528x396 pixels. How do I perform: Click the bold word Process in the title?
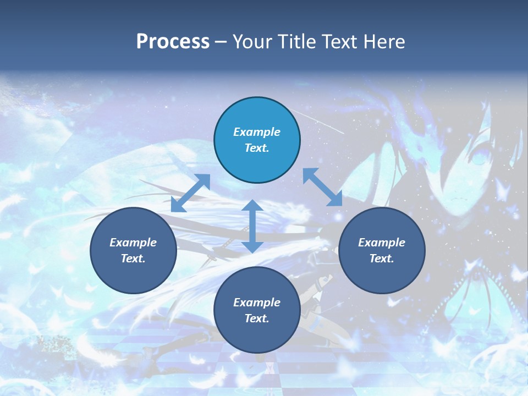pyautogui.click(x=173, y=42)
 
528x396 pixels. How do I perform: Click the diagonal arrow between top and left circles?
pyautogui.click(x=190, y=193)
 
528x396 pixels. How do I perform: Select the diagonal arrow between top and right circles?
pyautogui.click(x=322, y=187)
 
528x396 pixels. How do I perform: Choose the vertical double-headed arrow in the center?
pyautogui.click(x=252, y=226)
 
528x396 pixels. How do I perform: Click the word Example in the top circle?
pyautogui.click(x=257, y=132)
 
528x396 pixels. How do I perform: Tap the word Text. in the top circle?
pyautogui.click(x=257, y=148)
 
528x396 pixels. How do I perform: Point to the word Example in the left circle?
pyautogui.click(x=133, y=243)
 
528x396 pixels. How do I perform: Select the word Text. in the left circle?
pyautogui.click(x=133, y=258)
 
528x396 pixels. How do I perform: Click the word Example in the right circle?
pyautogui.click(x=382, y=243)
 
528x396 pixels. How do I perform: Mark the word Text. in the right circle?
pyautogui.click(x=382, y=258)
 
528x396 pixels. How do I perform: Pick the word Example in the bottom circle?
pyautogui.click(x=257, y=302)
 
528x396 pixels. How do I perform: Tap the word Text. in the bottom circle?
pyautogui.click(x=257, y=318)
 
